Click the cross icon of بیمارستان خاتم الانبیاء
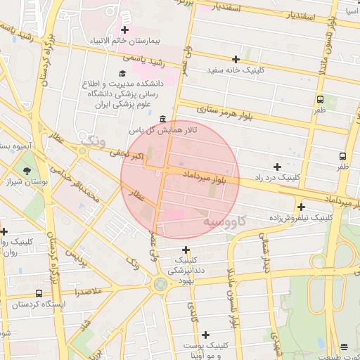point(124,30)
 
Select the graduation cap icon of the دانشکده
point(122,73)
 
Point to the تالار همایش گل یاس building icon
point(163,119)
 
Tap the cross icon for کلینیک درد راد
point(277,167)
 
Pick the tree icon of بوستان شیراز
point(27,170)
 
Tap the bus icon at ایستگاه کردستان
point(38,292)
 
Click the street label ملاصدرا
point(87,290)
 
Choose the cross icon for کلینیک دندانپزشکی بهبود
point(186,250)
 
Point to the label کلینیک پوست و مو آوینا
point(205,350)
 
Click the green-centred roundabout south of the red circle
point(161,284)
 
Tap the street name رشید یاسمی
point(162,63)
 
